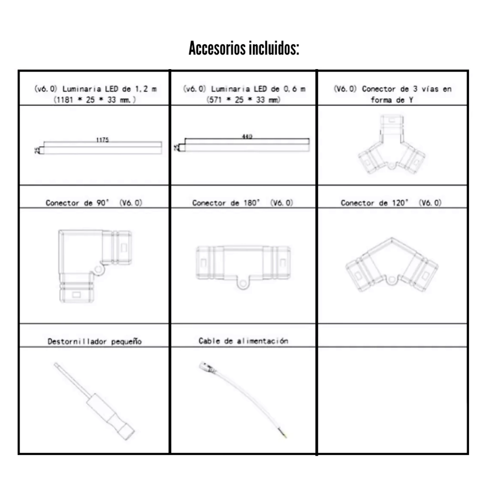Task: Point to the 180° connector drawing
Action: pyautogui.click(x=243, y=264)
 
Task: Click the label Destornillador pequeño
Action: pyautogui.click(x=95, y=341)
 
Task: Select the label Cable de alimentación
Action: pyautogui.click(x=243, y=341)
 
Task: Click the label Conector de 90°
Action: pyautogui.click(x=95, y=203)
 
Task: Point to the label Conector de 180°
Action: pyautogui.click(x=243, y=203)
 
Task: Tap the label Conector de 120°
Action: pyautogui.click(x=391, y=203)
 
